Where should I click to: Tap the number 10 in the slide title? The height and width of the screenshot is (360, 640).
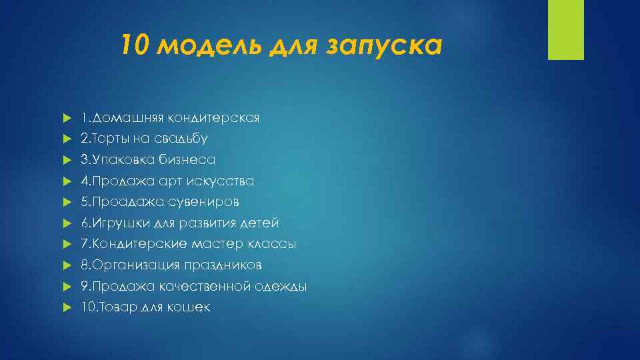point(138,47)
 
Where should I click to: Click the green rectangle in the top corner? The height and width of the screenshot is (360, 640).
point(565,29)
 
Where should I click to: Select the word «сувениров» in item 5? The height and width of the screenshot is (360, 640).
point(207,202)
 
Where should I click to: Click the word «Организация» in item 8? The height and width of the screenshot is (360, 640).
point(134,265)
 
